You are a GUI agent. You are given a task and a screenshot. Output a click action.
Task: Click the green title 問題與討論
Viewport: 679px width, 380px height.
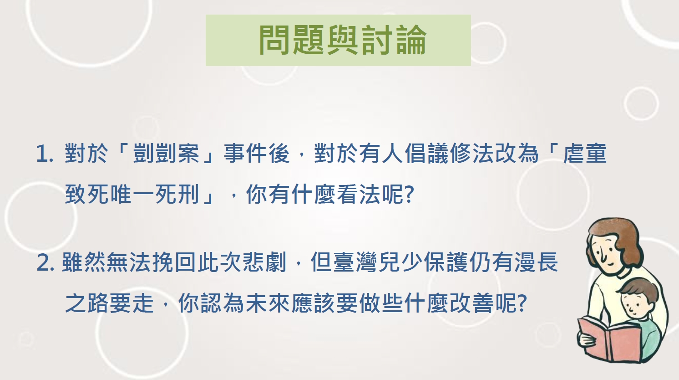pyautogui.click(x=343, y=40)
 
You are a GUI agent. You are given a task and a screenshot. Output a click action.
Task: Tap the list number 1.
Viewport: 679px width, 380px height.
pyautogui.click(x=45, y=153)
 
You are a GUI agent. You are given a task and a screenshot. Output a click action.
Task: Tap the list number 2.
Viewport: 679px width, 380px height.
pyautogui.click(x=46, y=262)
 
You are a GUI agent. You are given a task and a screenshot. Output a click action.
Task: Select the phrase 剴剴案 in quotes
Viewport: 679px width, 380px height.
pyautogui.click(x=166, y=153)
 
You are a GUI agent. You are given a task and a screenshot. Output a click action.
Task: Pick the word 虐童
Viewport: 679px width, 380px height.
pyautogui.click(x=585, y=153)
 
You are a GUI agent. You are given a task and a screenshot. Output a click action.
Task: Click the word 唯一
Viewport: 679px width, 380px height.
pyautogui.click(x=132, y=194)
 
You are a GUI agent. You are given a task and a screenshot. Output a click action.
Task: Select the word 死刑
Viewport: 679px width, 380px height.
pyautogui.click(x=177, y=194)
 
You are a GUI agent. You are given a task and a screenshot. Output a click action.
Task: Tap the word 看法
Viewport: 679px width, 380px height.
pyautogui.click(x=358, y=194)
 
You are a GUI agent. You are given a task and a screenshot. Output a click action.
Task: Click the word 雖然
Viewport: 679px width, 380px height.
pyautogui.click(x=83, y=262)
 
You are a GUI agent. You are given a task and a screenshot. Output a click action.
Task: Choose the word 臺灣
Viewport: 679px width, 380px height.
pyautogui.click(x=355, y=262)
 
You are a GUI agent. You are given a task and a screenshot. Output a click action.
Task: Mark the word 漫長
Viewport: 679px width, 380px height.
pyautogui.click(x=536, y=262)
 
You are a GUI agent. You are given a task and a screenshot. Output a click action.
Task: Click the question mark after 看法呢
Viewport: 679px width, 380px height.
pyautogui.click(x=409, y=195)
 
